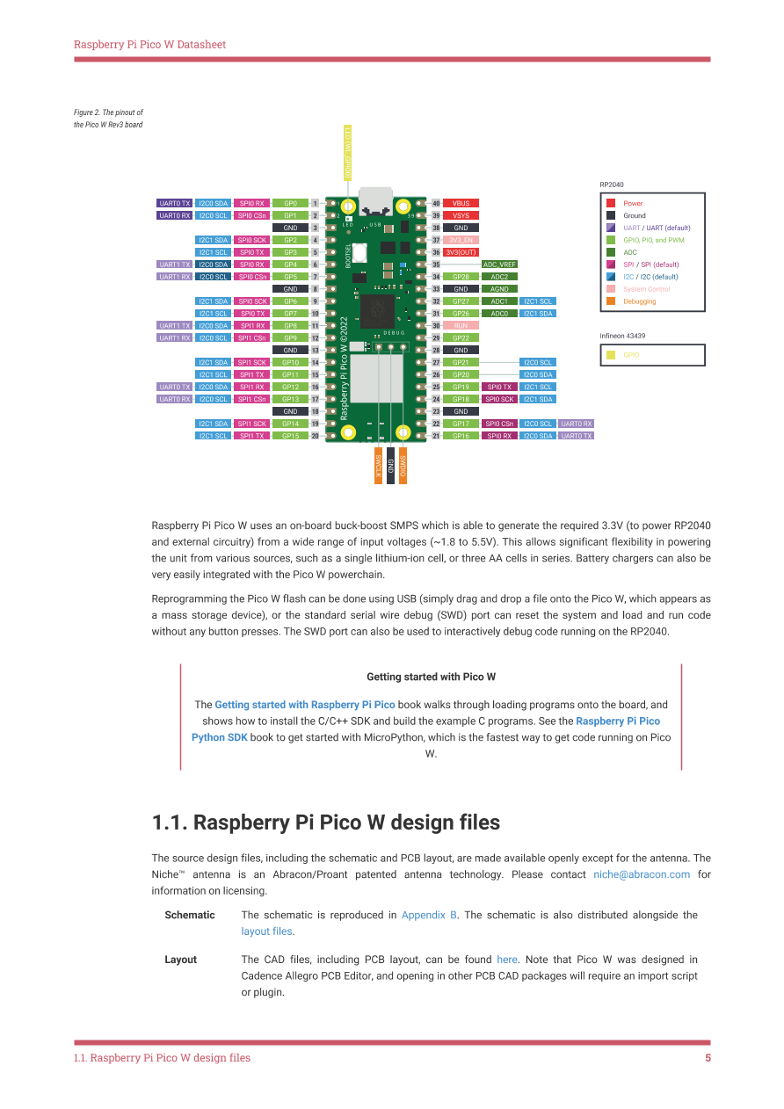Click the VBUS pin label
(461, 203)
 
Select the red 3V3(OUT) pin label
(461, 252)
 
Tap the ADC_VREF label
(499, 265)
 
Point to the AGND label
(499, 289)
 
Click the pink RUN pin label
(461, 326)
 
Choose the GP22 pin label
(461, 338)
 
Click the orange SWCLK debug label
(378, 465)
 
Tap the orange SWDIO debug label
(403, 465)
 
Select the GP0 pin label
(290, 203)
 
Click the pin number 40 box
(436, 203)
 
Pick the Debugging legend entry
(639, 301)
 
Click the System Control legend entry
(646, 289)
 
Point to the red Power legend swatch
(610, 203)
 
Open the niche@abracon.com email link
(641, 875)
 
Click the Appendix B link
(429, 915)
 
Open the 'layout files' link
(266, 931)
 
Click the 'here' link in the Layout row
(507, 960)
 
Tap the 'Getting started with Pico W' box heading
(431, 678)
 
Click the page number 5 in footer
(708, 1058)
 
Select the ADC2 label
(499, 277)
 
